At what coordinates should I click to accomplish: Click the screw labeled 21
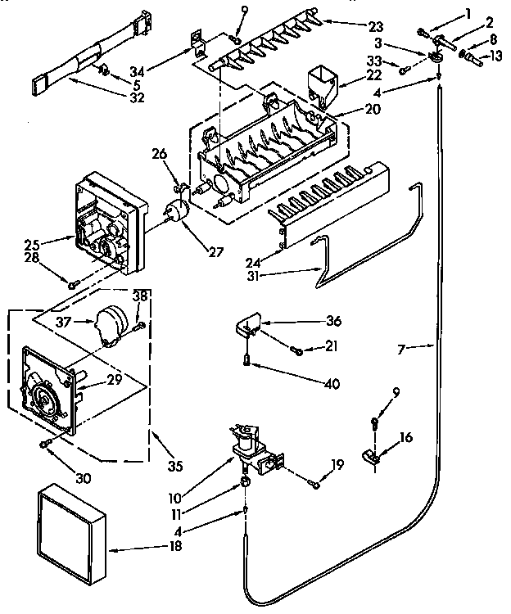297,350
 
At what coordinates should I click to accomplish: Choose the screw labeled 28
73,283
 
